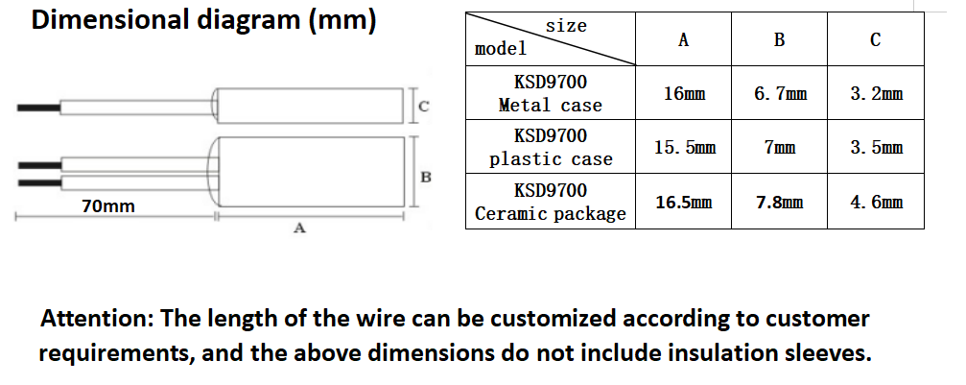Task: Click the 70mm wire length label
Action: [108, 206]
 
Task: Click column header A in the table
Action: [683, 40]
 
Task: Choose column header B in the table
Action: [779, 40]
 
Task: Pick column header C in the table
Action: [875, 40]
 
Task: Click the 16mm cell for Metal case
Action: [683, 94]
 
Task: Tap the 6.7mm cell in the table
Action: [780, 94]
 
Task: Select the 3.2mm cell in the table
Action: [876, 94]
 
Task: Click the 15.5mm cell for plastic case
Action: [684, 148]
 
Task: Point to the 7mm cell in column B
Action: [780, 148]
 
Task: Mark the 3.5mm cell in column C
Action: [876, 148]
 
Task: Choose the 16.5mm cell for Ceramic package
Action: [684, 203]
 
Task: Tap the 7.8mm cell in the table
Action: [780, 203]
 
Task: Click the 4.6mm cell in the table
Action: [876, 203]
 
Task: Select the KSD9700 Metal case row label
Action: [551, 93]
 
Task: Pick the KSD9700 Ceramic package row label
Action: [551, 202]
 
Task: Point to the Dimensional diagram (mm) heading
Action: [204, 21]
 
